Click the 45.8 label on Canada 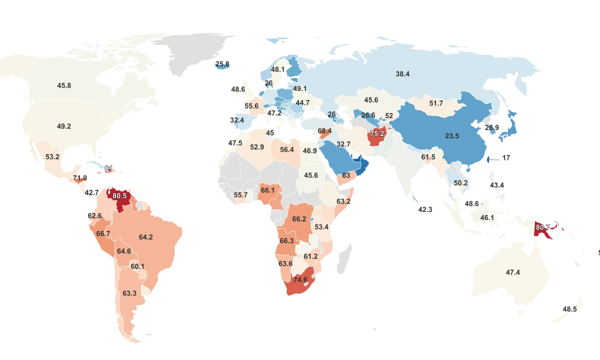tap(64, 85)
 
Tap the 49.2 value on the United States tap(64, 126)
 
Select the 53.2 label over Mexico tap(52, 156)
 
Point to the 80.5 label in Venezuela tap(120, 195)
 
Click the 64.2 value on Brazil tap(146, 237)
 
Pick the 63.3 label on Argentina tap(129, 293)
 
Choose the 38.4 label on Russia tap(402, 73)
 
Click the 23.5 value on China tap(452, 135)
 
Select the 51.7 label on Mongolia tap(436, 103)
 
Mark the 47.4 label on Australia tap(513, 272)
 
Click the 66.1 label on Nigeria tap(267, 190)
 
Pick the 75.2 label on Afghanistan tap(377, 133)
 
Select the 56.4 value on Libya tap(287, 149)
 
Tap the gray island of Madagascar tap(343, 257)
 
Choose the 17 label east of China tap(506, 157)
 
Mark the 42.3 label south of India tap(425, 209)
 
